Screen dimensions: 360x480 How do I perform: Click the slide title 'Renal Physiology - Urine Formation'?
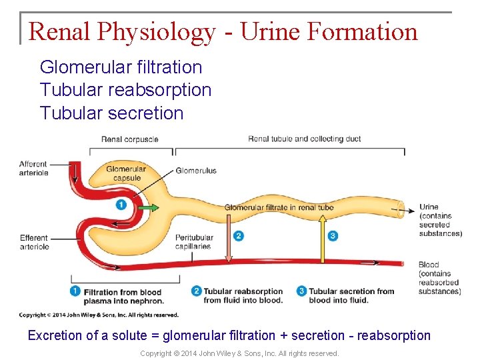pos(223,31)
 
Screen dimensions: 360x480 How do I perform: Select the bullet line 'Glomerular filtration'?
pos(121,67)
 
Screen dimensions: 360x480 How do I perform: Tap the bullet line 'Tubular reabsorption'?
pos(125,90)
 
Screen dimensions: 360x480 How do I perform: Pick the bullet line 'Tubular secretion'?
pos(111,113)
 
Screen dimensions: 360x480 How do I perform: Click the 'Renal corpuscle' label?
pos(129,139)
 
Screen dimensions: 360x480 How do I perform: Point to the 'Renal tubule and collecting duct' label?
pos(304,139)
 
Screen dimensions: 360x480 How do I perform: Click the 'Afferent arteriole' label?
pos(33,169)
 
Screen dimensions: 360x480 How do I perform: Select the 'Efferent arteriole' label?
pos(34,242)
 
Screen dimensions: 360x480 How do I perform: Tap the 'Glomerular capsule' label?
pos(125,174)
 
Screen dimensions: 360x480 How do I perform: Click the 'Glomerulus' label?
pos(196,171)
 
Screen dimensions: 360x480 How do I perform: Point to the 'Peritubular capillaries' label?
pos(194,242)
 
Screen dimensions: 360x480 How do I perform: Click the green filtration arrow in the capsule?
pos(150,208)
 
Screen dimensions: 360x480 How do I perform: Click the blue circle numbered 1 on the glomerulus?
pos(121,205)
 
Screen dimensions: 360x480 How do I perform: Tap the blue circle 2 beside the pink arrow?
pos(239,236)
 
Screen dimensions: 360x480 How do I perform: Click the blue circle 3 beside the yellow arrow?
pos(333,235)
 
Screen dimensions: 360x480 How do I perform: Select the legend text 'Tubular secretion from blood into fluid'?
pos(351,295)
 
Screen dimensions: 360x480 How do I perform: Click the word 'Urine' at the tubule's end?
pos(429,207)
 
